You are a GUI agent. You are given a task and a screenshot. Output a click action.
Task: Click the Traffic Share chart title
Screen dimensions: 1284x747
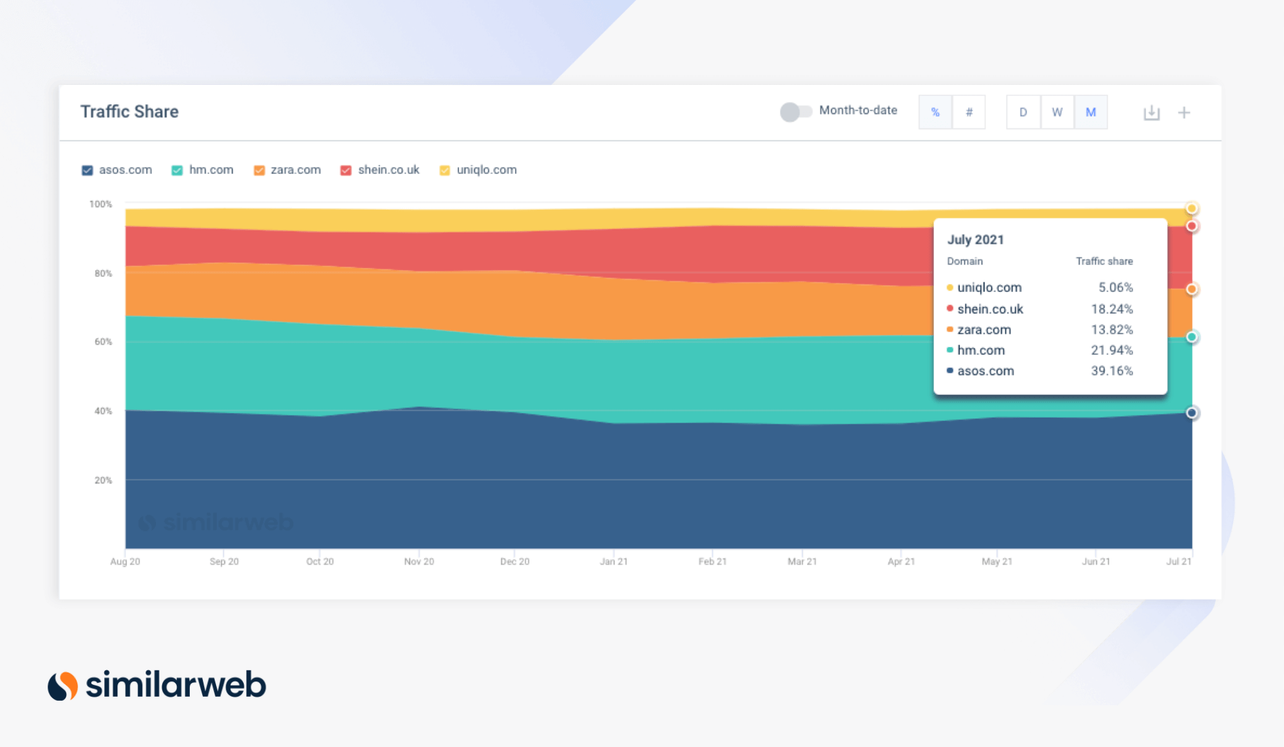tap(129, 112)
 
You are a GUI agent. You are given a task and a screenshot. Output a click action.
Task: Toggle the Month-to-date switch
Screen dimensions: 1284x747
tap(795, 112)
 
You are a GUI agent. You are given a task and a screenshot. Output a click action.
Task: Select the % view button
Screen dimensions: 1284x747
tap(935, 113)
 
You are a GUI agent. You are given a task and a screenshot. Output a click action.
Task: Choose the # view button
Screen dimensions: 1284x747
tap(969, 113)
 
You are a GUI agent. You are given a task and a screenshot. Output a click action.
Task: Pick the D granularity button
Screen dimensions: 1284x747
tap(1023, 113)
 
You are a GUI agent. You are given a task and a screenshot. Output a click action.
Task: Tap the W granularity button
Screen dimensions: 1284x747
tap(1057, 113)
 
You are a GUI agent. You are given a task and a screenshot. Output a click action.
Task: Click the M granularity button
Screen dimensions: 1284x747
tap(1091, 113)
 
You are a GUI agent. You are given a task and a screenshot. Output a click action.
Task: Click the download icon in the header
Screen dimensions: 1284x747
tap(1151, 113)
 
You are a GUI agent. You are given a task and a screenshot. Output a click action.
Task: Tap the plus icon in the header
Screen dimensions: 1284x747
tap(1184, 113)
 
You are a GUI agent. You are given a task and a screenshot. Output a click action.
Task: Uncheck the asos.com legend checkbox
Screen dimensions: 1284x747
tap(87, 171)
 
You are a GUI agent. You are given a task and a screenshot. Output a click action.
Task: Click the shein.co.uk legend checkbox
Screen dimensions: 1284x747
tap(346, 171)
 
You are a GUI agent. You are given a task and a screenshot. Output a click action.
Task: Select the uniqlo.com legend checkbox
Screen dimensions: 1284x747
tap(445, 171)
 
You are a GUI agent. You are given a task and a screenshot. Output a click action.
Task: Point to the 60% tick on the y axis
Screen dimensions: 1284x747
tap(103, 342)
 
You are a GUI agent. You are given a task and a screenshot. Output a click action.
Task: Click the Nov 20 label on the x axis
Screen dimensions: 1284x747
tap(419, 561)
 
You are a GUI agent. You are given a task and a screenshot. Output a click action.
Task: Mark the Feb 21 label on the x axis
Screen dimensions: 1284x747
tap(712, 561)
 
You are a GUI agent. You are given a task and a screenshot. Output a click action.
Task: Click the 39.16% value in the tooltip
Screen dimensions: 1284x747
tap(1111, 371)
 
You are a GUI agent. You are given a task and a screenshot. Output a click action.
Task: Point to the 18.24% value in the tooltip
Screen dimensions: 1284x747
tap(1111, 309)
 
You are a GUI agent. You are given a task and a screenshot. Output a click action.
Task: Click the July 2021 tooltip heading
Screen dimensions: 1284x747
tap(975, 240)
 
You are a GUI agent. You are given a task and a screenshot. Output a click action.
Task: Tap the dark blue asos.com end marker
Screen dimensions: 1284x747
tap(1191, 413)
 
